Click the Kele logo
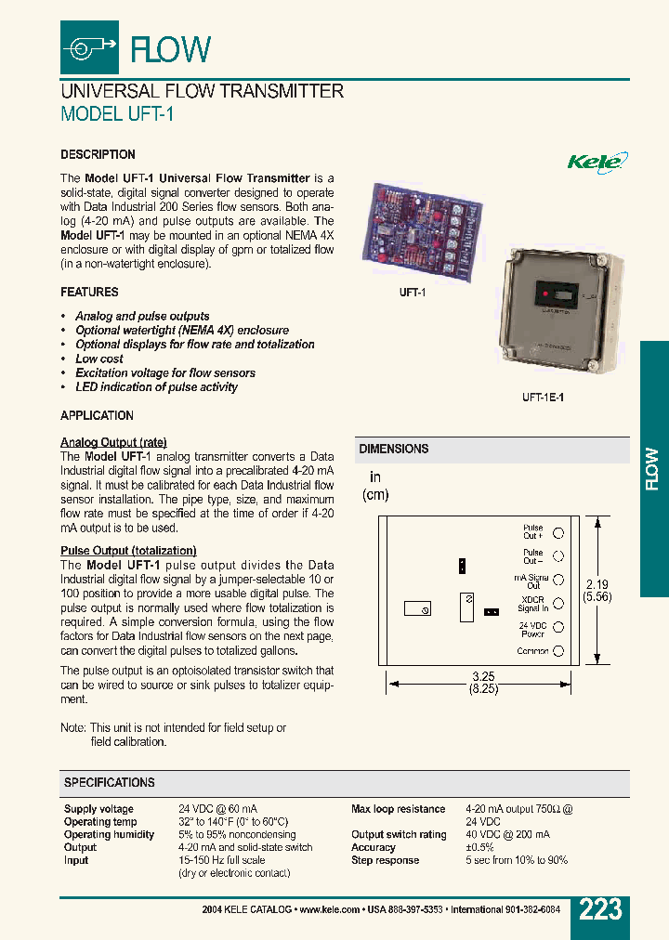click(597, 161)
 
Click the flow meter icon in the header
click(89, 46)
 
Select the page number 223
click(600, 909)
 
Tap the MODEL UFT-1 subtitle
click(117, 114)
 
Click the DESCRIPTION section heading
click(98, 155)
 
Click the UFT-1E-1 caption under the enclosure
click(543, 397)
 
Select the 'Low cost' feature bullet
click(99, 359)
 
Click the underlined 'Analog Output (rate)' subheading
click(113, 442)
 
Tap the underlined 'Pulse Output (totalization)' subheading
click(128, 551)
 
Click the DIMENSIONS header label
click(394, 449)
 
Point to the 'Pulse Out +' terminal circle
click(558, 532)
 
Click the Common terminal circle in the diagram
click(558, 651)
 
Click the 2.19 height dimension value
click(596, 584)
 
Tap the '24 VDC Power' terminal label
click(532, 630)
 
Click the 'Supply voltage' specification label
click(98, 809)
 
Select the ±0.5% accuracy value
click(479, 847)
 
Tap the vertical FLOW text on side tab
click(653, 469)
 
